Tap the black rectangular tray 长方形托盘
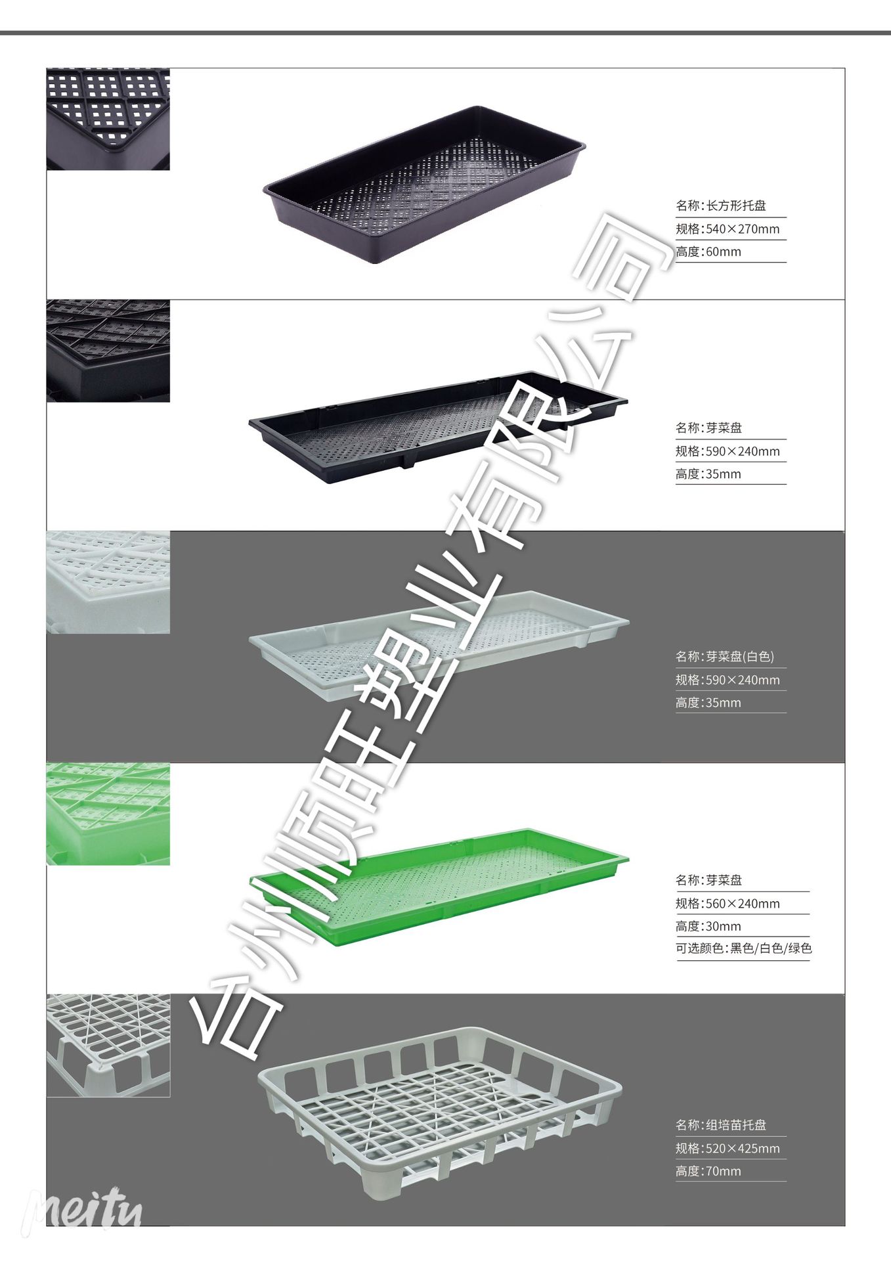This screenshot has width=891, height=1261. (x=424, y=184)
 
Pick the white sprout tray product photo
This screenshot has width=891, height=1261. (x=439, y=632)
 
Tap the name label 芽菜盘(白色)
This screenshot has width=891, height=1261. (x=725, y=656)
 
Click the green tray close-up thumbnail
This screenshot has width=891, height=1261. (x=108, y=814)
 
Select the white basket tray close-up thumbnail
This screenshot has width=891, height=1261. (x=108, y=1045)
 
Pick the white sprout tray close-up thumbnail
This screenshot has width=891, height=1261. (x=108, y=583)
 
